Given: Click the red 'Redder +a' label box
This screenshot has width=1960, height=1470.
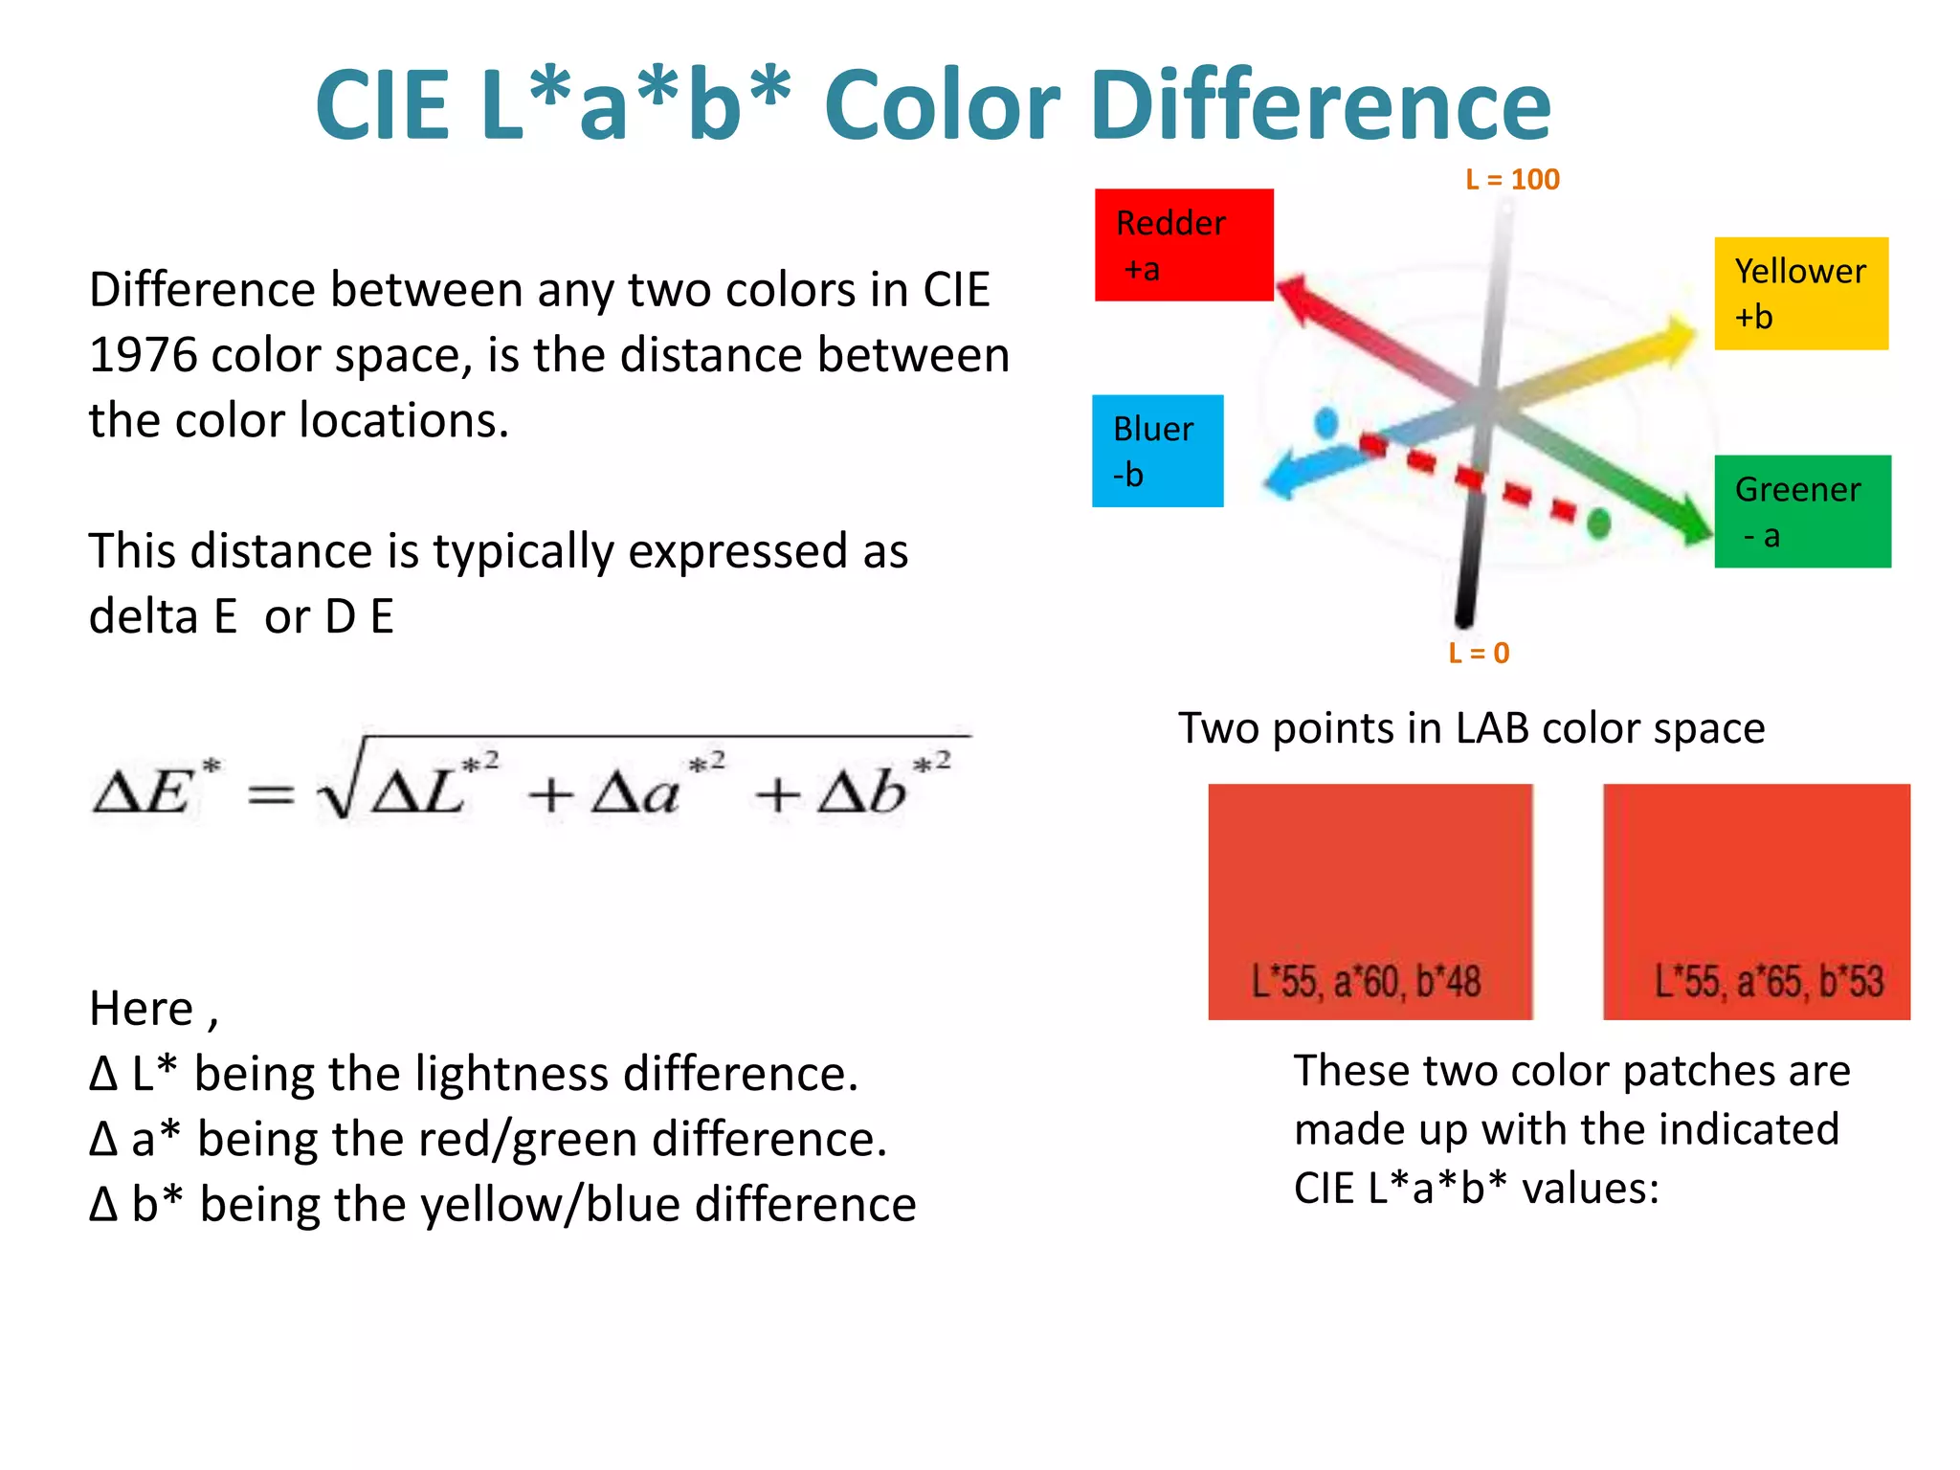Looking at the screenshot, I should point(1184,245).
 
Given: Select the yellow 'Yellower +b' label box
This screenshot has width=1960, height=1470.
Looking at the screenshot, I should point(1800,293).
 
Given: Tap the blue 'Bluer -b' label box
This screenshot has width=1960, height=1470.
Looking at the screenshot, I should point(1157,451).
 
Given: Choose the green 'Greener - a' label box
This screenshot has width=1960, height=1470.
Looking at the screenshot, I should point(1802,511).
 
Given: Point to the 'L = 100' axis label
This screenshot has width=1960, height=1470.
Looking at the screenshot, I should point(1512,179).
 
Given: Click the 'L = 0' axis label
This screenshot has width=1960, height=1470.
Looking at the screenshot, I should point(1479,653).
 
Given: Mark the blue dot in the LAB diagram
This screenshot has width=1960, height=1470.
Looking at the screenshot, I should point(1325,422).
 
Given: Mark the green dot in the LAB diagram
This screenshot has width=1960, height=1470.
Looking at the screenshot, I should point(1598,523).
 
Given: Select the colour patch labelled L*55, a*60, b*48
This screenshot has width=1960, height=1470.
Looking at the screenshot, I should point(1370,901).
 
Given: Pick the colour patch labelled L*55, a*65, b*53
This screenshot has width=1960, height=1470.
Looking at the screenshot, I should point(1756,901).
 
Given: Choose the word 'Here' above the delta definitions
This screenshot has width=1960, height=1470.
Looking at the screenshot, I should point(142,1009).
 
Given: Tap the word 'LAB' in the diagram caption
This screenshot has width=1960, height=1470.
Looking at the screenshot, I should point(1491,728).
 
